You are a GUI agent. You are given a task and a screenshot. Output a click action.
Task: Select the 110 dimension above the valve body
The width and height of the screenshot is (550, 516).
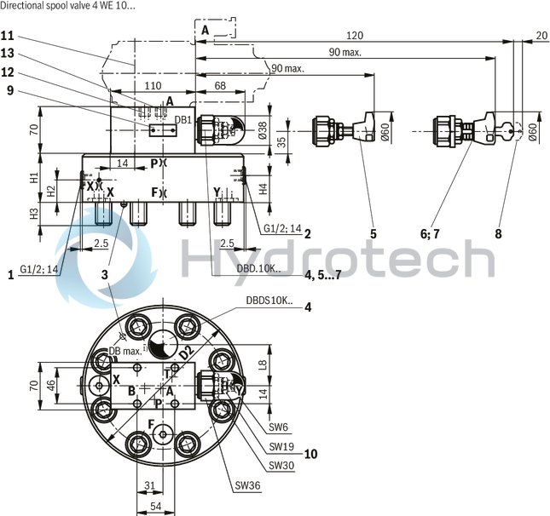click(152, 86)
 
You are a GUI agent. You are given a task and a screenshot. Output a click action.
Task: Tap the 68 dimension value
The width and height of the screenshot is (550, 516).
click(219, 86)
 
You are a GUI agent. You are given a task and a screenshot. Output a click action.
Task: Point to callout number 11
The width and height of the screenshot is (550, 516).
click(8, 36)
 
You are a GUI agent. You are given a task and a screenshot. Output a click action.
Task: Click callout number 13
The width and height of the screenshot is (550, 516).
click(8, 54)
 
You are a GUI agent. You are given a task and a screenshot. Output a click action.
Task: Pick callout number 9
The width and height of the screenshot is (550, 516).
click(8, 89)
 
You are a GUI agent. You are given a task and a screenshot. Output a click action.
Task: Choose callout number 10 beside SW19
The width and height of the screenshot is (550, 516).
click(310, 454)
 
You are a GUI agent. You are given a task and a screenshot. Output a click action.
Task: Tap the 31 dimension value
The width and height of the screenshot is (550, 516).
click(149, 487)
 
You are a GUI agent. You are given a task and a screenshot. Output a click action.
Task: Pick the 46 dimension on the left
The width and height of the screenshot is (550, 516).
click(50, 385)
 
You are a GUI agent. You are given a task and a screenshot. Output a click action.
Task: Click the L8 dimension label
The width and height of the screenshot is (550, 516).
click(261, 364)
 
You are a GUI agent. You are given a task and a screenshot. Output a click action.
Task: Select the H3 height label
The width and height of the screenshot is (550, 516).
click(34, 214)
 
